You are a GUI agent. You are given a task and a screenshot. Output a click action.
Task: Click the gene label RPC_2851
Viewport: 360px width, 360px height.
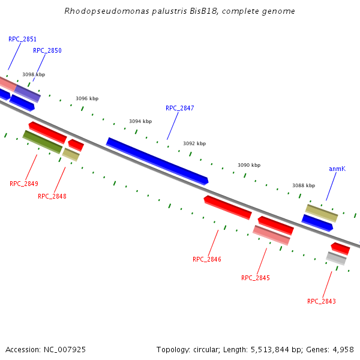pos(22,39)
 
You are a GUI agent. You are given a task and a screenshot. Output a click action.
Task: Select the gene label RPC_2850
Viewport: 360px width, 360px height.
pos(47,51)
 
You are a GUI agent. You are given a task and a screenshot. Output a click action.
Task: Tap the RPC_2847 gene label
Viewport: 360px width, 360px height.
pos(179,108)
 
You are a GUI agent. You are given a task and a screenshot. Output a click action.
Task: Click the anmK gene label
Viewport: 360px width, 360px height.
pos(337,169)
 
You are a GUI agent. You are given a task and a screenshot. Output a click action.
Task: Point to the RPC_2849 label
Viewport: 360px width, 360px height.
pos(24,184)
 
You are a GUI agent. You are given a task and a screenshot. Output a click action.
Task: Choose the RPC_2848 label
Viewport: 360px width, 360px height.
pos(52,196)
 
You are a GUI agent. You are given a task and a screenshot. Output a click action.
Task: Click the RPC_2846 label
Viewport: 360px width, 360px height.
pos(207,259)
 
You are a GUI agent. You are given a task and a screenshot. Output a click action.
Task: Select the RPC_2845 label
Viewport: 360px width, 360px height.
pos(256,278)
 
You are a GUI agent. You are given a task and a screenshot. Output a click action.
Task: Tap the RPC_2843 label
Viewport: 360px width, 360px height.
pos(322,301)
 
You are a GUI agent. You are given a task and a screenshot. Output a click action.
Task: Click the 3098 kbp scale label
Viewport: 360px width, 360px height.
pos(34,75)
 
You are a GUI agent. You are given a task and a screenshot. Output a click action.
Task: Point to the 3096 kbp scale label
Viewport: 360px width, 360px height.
pos(87,98)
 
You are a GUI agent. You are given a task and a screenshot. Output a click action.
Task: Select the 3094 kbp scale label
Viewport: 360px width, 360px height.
pos(140,121)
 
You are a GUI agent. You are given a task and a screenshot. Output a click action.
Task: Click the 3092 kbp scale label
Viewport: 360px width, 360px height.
pos(194,144)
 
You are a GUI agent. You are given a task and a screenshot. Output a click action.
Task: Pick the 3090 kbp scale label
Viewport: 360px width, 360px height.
pos(249,165)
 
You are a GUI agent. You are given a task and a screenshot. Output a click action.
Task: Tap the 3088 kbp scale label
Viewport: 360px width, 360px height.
pos(304,186)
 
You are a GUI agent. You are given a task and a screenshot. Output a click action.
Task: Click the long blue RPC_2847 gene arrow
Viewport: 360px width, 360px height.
pos(157,160)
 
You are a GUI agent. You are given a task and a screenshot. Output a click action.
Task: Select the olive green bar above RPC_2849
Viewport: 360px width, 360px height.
pos(43,142)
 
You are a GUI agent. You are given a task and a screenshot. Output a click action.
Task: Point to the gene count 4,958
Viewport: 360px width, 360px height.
pos(343,349)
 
